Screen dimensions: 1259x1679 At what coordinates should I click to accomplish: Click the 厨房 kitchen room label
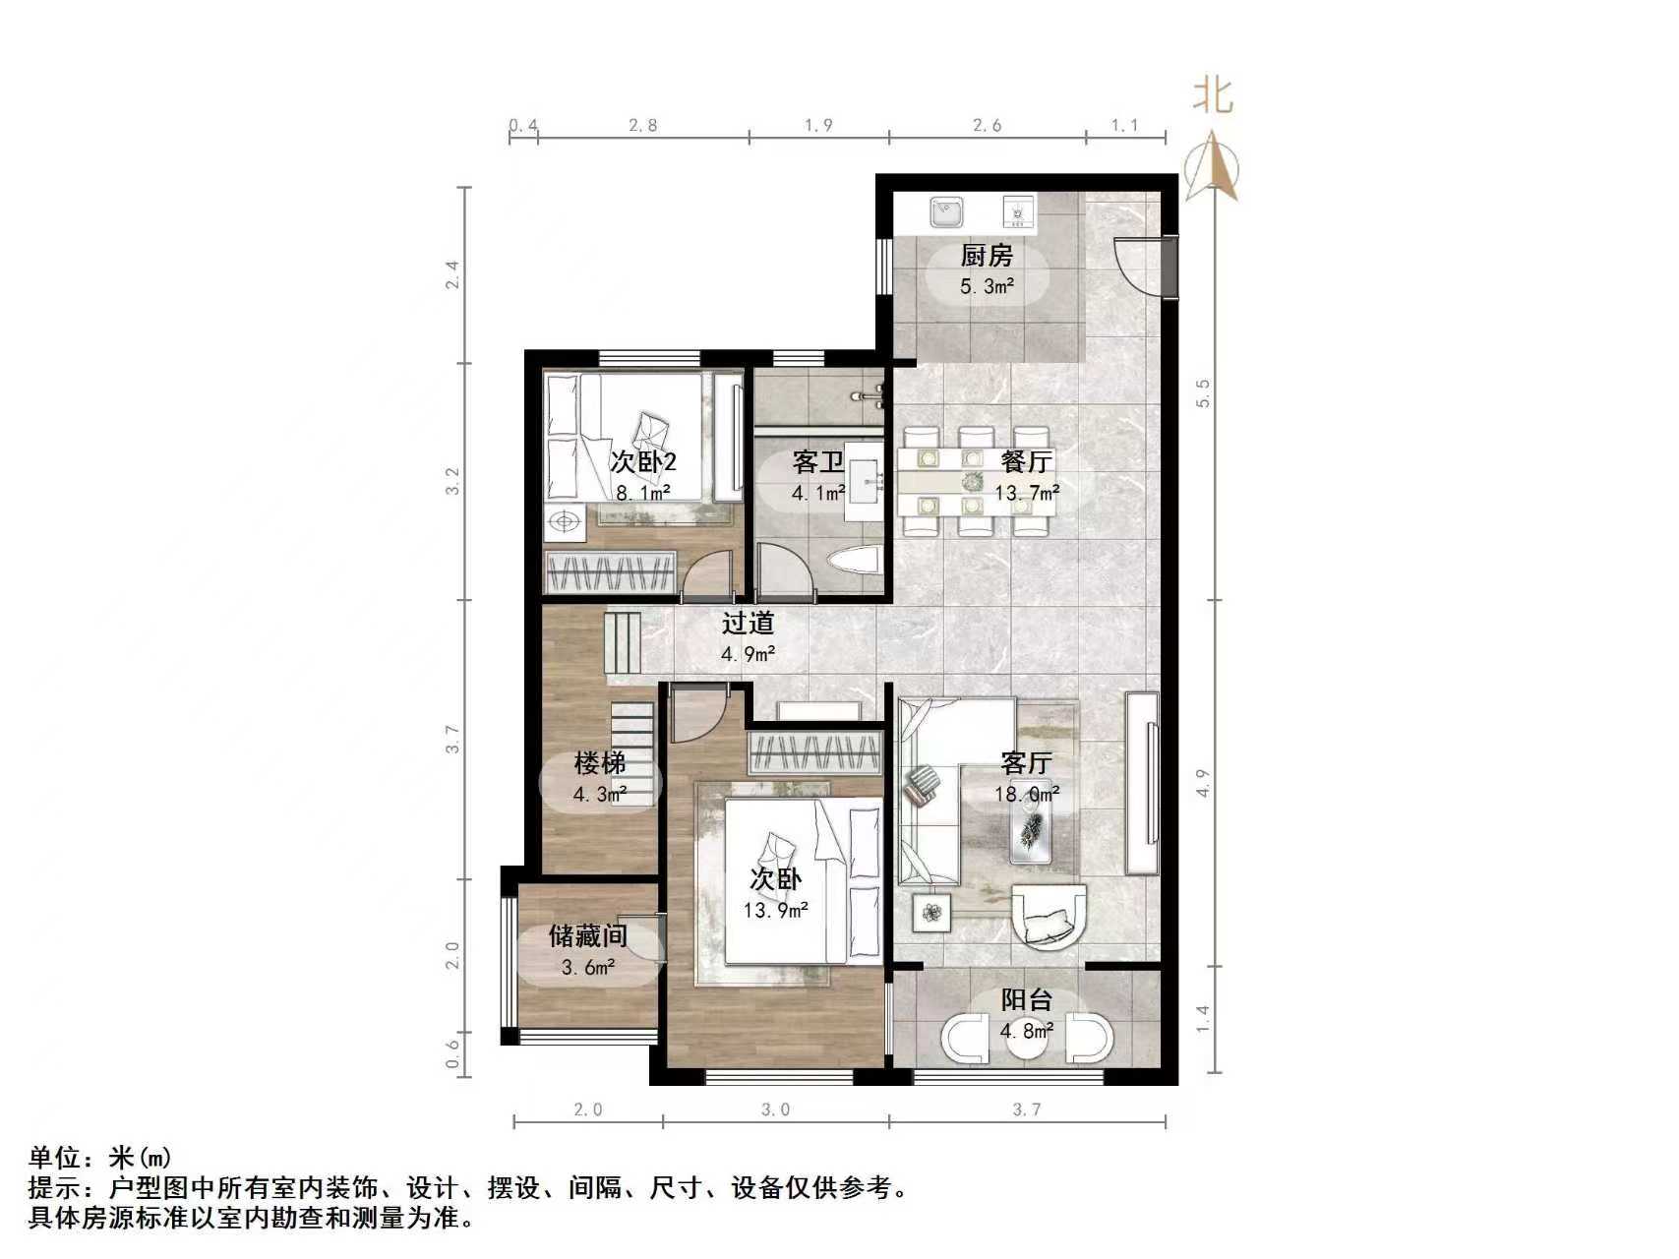pyautogui.click(x=986, y=257)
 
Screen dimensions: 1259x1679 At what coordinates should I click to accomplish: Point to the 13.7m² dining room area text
pyautogui.click(x=1026, y=492)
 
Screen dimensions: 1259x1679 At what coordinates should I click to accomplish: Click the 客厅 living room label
pyautogui.click(x=1026, y=762)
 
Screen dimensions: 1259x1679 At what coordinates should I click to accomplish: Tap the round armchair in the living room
pyautogui.click(x=1049, y=917)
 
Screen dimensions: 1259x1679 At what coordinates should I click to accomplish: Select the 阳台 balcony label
pyautogui.click(x=1026, y=1000)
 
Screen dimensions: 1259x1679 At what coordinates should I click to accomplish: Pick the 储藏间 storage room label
pyautogui.click(x=587, y=935)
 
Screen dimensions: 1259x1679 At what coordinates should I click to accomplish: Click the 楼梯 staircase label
pyautogui.click(x=599, y=762)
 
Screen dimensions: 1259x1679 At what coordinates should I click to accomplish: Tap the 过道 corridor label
pyautogui.click(x=748, y=623)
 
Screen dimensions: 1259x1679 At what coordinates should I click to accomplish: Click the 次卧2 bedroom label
pyautogui.click(x=642, y=461)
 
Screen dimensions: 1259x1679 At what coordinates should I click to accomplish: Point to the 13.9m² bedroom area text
pyautogui.click(x=775, y=911)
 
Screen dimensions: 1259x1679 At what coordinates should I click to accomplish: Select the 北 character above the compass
pyautogui.click(x=1213, y=95)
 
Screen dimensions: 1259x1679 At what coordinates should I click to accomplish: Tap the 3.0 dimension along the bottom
pyautogui.click(x=775, y=1109)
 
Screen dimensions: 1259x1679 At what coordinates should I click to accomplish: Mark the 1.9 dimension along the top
pyautogui.click(x=818, y=125)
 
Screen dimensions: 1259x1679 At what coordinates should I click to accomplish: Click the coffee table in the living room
pyautogui.click(x=1031, y=822)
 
